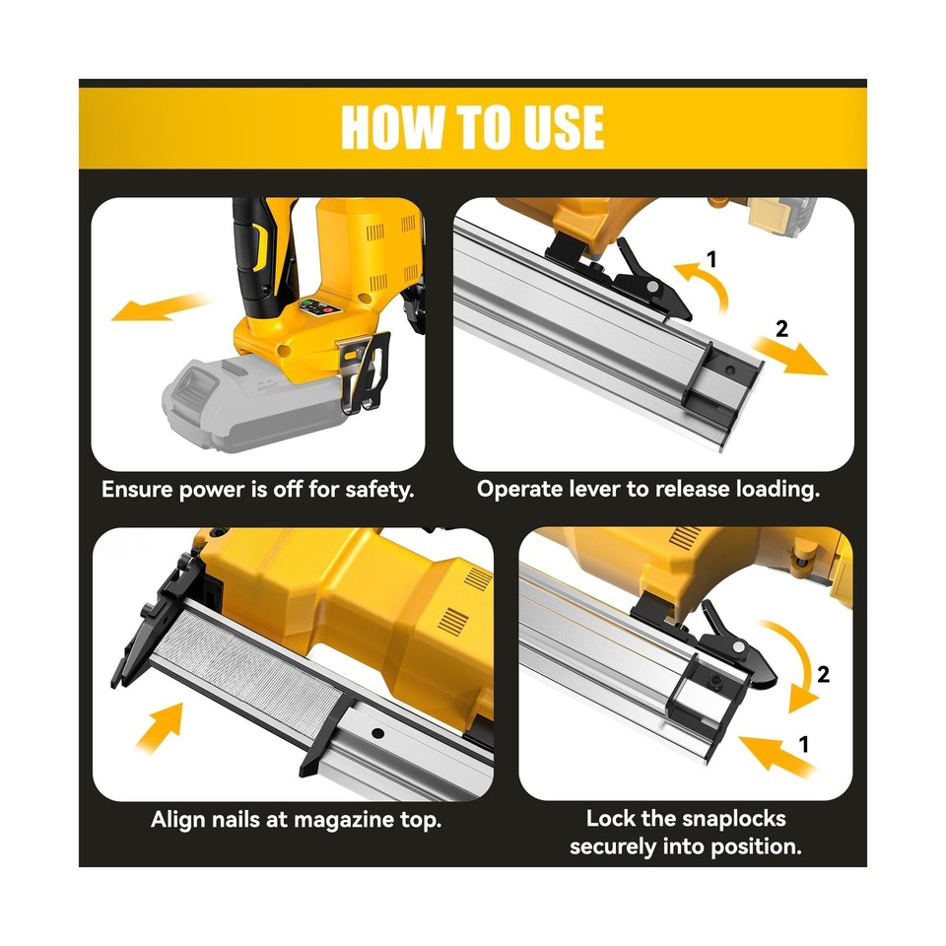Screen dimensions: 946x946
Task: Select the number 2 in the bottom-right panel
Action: pyautogui.click(x=823, y=675)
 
